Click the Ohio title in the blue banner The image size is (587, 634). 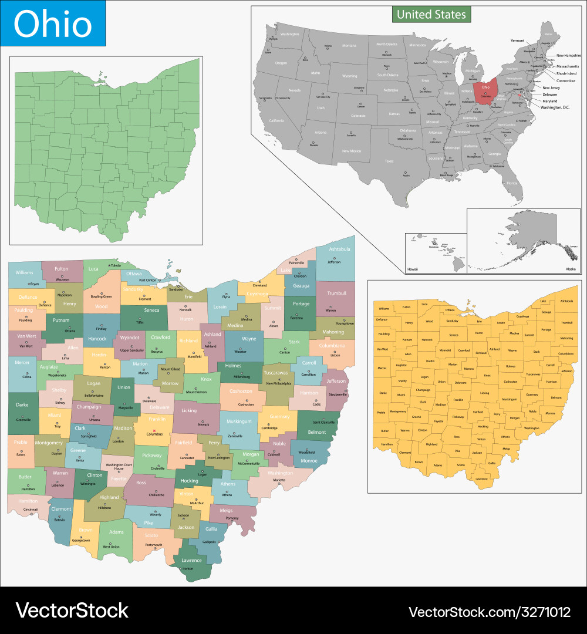click(x=53, y=24)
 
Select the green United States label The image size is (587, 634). click(x=431, y=14)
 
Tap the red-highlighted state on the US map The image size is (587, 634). click(x=485, y=92)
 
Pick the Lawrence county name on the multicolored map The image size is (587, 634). click(x=191, y=561)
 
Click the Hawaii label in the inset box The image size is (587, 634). click(x=413, y=269)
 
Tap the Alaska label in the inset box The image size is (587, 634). click(x=570, y=268)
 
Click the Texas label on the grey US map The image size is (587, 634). click(x=389, y=161)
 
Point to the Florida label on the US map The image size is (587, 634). click(x=512, y=183)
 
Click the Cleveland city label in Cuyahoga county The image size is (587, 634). click(x=259, y=285)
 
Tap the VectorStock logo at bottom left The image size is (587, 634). click(x=72, y=611)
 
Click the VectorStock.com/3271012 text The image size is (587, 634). click(x=490, y=612)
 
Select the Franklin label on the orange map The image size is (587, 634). click(x=458, y=400)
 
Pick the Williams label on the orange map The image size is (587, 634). click(x=384, y=308)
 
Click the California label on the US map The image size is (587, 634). click(x=276, y=120)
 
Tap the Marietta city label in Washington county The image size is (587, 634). click(x=279, y=480)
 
